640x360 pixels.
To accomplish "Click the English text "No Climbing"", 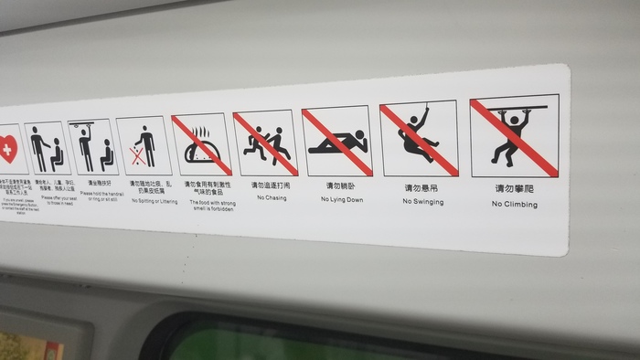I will tap(514, 205).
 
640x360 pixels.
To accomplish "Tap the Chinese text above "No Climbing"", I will tap(514, 189).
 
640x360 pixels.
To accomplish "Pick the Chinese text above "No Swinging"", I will tap(421, 186).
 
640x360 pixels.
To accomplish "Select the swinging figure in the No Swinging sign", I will tap(418, 139).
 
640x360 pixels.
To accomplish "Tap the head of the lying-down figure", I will tap(359, 137).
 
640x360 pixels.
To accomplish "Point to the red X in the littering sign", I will tap(136, 157).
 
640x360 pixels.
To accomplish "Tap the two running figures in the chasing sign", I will tap(266, 143).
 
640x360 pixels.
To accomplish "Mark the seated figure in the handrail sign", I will tap(106, 154).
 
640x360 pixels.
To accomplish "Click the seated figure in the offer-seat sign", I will tap(55, 154).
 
